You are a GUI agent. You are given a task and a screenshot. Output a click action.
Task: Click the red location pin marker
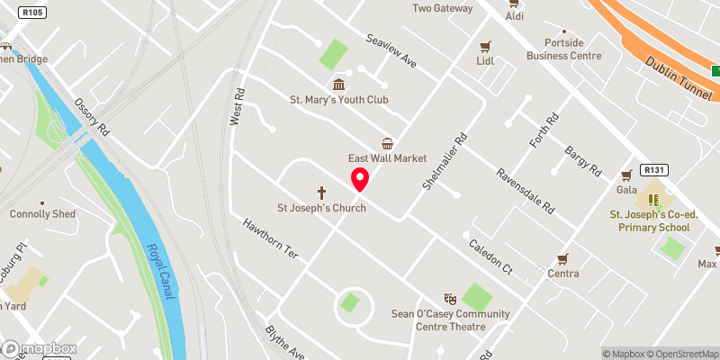click(x=359, y=179)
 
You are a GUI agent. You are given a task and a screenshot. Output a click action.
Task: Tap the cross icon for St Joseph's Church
click(x=321, y=193)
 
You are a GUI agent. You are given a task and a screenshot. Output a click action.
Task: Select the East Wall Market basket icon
click(x=387, y=143)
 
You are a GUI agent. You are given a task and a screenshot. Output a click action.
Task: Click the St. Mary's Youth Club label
click(x=338, y=99)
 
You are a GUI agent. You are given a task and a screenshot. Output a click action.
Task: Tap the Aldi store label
click(x=515, y=16)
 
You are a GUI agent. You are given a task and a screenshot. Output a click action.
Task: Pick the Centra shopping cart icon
click(x=563, y=259)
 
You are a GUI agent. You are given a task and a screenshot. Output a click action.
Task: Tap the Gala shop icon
click(x=626, y=175)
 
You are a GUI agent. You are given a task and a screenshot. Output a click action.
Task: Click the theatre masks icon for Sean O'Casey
click(x=451, y=299)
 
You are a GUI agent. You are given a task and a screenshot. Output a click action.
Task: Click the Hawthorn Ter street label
click(x=268, y=239)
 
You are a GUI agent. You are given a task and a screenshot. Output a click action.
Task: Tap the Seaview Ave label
click(x=391, y=50)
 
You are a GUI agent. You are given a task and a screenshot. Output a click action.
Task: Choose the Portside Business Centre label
click(x=564, y=49)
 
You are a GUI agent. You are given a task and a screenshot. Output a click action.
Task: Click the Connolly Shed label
click(x=42, y=214)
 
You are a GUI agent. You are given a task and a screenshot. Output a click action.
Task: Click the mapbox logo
click(x=40, y=348)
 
